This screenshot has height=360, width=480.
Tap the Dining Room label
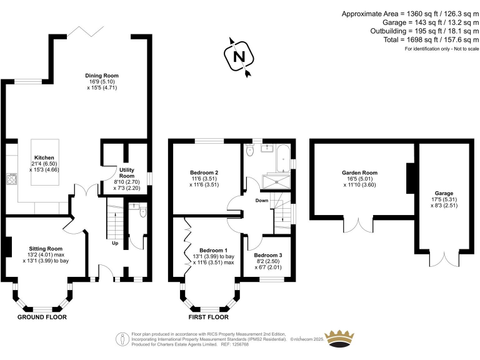[102, 76]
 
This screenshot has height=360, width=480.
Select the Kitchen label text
[44, 157]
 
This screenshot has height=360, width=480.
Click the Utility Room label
[127, 172]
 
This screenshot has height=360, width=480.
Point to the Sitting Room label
[46, 248]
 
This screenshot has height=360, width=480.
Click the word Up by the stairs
[115, 244]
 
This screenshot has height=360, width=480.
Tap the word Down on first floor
[262, 201]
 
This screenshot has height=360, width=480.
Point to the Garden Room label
[359, 172]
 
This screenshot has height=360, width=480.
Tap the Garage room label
[444, 194]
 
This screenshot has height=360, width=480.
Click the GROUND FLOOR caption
[42, 317]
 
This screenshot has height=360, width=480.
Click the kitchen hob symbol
[11, 179]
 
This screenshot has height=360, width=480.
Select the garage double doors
[444, 258]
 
